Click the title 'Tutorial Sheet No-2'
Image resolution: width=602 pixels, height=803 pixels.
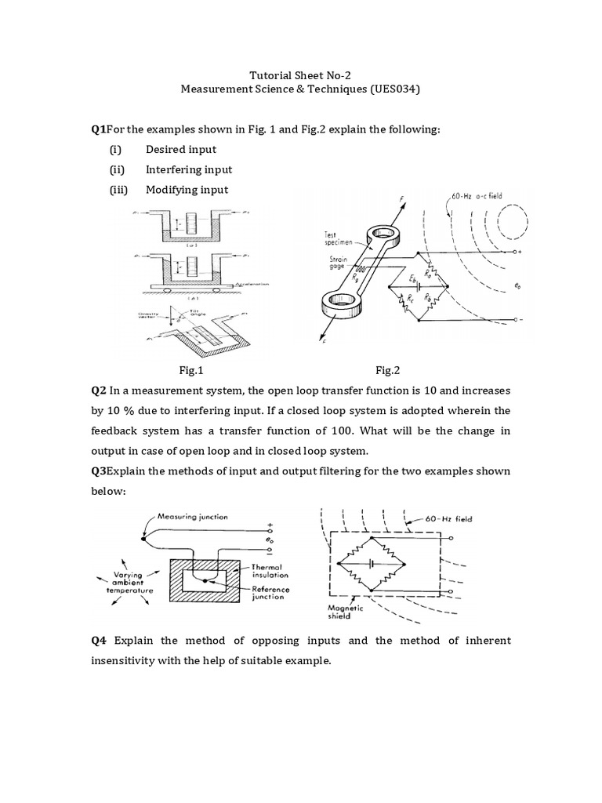pos(301,75)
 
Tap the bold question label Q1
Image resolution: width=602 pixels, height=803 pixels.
pos(100,129)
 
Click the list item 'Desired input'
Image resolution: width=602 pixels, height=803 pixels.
pos(181,149)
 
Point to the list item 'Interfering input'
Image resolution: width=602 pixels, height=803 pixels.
pos(189,169)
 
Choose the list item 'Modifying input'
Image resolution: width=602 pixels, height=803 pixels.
pos(187,190)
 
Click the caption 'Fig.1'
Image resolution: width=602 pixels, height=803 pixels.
pos(192,369)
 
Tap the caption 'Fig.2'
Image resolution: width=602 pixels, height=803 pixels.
pos(388,369)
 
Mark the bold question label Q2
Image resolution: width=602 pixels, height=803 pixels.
pos(100,390)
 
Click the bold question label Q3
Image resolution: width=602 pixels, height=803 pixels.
pos(100,471)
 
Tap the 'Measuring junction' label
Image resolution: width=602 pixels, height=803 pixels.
pos(193,517)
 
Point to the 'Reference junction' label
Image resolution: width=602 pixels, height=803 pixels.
pos(271,594)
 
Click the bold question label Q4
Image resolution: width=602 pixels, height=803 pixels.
pos(100,641)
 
